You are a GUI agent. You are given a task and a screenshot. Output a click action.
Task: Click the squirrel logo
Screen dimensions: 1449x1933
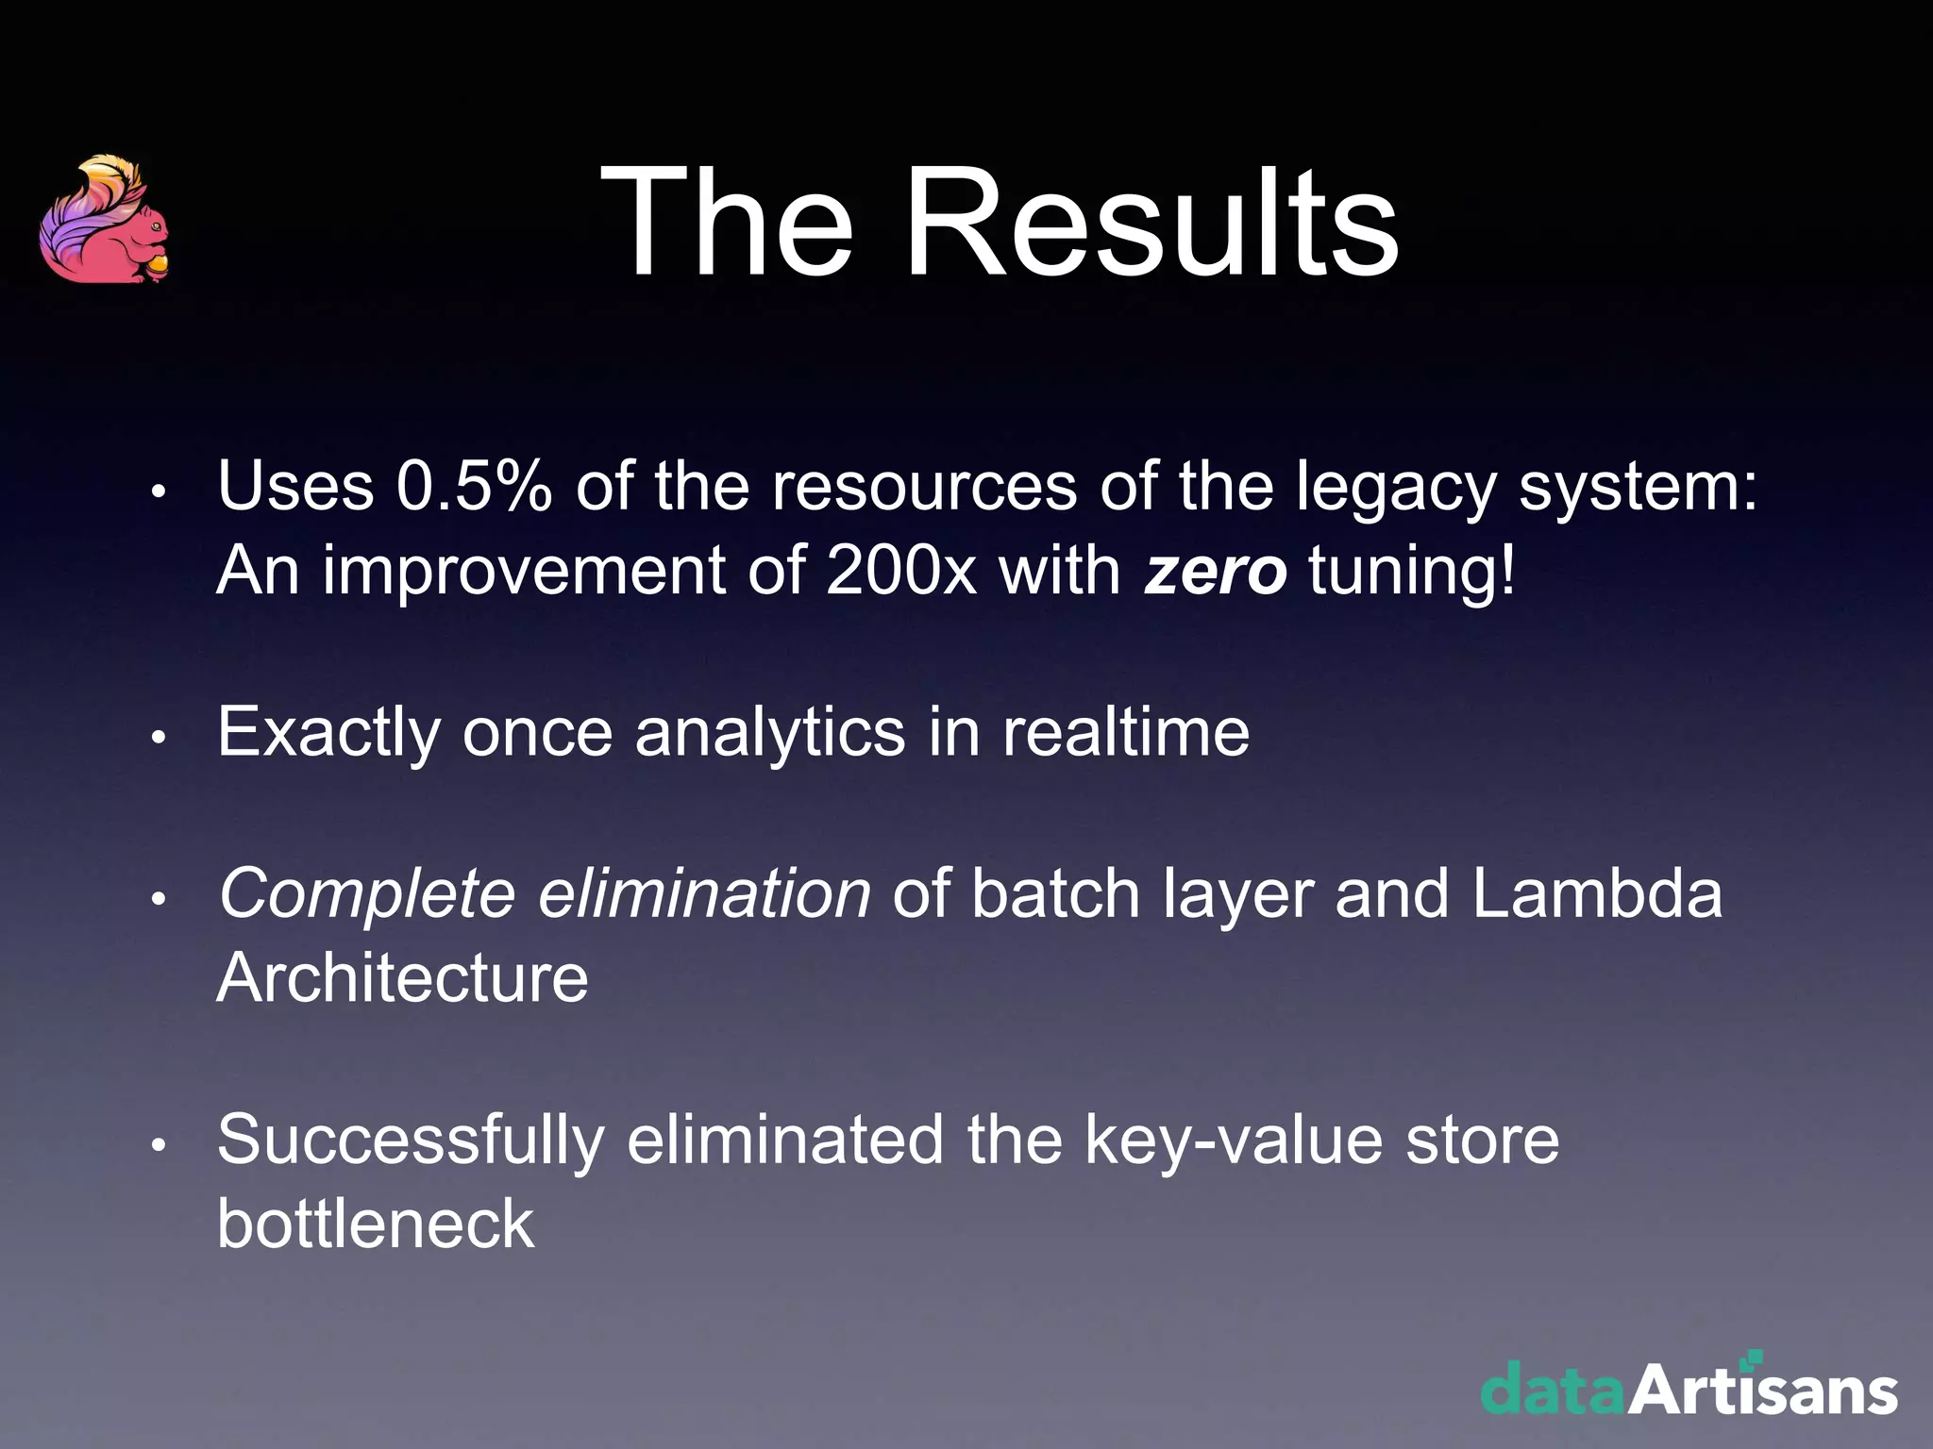105,221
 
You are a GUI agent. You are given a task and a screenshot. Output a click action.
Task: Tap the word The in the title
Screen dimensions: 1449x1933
728,224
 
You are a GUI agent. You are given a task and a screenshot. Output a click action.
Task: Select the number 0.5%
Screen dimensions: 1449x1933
474,487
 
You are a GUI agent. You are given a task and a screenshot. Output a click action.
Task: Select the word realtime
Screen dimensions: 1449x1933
1125,732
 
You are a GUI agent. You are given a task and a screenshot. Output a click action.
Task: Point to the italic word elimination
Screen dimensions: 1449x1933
704,893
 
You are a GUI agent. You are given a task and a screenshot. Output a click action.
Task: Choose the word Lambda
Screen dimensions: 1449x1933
1597,893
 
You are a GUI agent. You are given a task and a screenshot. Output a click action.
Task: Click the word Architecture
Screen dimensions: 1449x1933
403,977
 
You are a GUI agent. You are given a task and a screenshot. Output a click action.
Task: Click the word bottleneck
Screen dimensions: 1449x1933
376,1224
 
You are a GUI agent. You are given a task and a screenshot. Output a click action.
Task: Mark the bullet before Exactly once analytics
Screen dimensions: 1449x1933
159,738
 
